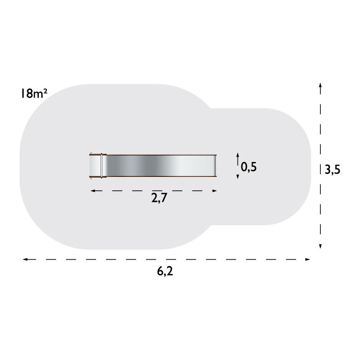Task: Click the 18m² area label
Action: tap(34, 94)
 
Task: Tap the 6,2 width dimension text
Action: tap(165, 271)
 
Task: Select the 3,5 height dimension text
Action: tap(332, 170)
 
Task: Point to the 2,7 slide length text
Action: tap(159, 198)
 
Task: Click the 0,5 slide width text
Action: tap(249, 167)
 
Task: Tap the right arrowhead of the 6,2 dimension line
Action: tap(308, 260)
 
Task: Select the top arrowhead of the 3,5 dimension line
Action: tap(320, 86)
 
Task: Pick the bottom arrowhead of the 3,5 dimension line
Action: tap(320, 246)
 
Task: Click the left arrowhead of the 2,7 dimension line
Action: tap(93, 191)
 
